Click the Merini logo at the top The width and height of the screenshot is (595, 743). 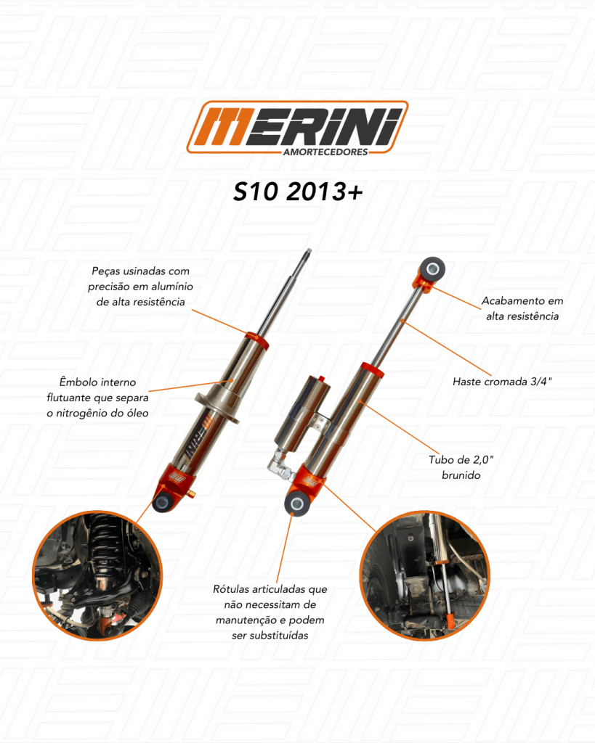coord(298,128)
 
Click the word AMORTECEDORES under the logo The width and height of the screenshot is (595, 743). coord(325,152)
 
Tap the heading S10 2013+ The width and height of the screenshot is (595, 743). coord(298,192)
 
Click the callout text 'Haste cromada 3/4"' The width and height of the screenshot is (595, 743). coord(502,382)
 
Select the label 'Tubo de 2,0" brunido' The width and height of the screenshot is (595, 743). coord(461,467)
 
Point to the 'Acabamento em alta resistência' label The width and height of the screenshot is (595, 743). coord(522,308)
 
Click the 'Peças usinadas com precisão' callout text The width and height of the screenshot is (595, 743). coord(140,286)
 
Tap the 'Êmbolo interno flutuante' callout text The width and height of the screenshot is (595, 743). coord(98,397)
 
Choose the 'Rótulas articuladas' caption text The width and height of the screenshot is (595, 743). coord(270,612)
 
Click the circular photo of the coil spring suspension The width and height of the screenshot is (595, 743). coord(97,575)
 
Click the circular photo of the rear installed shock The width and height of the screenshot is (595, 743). coord(425,575)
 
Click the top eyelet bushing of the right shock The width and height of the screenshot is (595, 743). coord(432,269)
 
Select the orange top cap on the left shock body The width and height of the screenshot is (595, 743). coord(256,340)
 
